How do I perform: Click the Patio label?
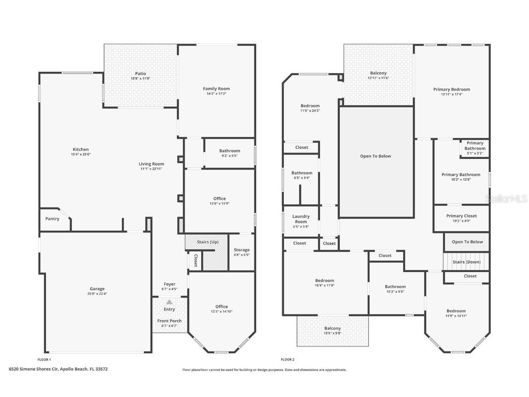pos(141,74)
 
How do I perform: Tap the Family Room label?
pos(216,89)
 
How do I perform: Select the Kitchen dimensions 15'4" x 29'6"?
pos(81,155)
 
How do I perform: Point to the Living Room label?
pos(152,164)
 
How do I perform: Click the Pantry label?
pos(52,219)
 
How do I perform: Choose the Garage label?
pos(97,289)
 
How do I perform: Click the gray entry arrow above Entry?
pos(169,302)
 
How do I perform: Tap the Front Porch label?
pos(169,321)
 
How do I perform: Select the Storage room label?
pos(242,250)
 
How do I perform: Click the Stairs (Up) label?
pos(208,242)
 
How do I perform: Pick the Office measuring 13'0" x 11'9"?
pos(219,198)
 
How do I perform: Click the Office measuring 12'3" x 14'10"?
pos(221,306)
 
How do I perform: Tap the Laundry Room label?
pos(301,219)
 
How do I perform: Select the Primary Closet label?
pos(461,216)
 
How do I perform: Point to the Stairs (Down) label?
pos(466,262)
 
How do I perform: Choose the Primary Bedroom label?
pos(451,90)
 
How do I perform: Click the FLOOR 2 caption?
pos(287,359)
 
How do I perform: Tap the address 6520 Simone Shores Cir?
pos(59,369)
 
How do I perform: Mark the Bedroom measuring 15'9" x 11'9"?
pos(325,281)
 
